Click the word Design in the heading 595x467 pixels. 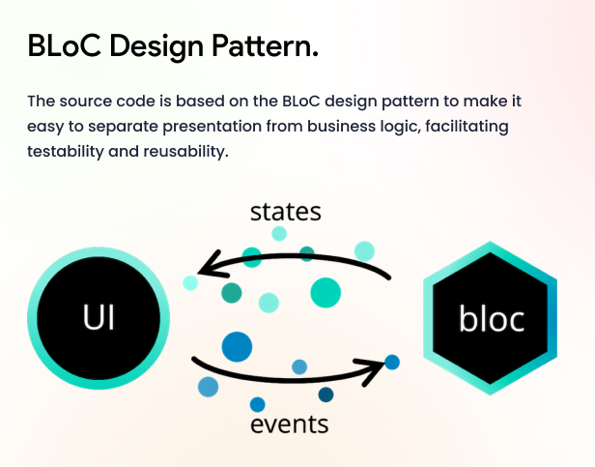(x=156, y=47)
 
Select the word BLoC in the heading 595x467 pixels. (x=65, y=45)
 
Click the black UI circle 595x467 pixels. (x=99, y=318)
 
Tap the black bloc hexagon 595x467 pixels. (x=490, y=318)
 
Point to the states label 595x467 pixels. (x=286, y=212)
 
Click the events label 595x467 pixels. (x=290, y=424)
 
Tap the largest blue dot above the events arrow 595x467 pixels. (x=237, y=346)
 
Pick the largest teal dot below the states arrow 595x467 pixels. (x=326, y=293)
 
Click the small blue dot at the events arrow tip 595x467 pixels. (x=392, y=363)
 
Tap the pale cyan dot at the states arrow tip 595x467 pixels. (x=190, y=283)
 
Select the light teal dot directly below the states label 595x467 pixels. (x=279, y=234)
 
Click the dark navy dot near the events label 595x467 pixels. (x=326, y=394)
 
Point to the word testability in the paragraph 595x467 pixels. (x=66, y=151)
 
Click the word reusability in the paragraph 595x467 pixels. (x=185, y=151)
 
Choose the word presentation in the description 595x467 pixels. (x=212, y=127)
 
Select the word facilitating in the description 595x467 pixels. (x=467, y=127)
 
